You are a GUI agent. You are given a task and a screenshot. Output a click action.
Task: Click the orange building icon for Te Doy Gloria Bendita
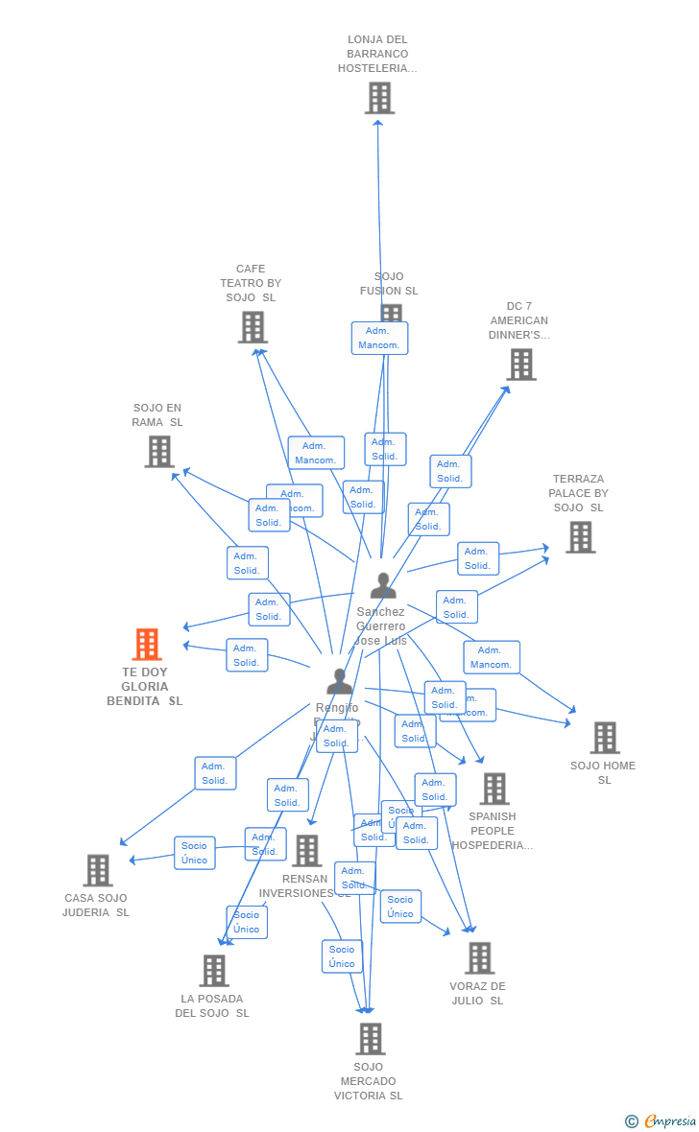pyautogui.click(x=147, y=644)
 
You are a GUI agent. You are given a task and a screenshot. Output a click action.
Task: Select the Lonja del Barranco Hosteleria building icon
pyautogui.click(x=379, y=98)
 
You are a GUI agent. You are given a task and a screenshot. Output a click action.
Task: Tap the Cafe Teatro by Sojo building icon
pyautogui.click(x=253, y=327)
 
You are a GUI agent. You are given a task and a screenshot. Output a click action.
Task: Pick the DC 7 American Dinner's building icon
pyautogui.click(x=521, y=365)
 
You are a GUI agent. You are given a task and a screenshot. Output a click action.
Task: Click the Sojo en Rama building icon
pyautogui.click(x=159, y=451)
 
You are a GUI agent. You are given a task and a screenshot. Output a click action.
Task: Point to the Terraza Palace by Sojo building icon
pyautogui.click(x=580, y=537)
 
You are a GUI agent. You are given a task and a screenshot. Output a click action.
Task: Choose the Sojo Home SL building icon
pyautogui.click(x=605, y=738)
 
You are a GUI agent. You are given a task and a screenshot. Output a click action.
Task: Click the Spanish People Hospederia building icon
pyautogui.click(x=494, y=789)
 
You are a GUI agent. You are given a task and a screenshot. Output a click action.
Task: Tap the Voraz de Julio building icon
pyautogui.click(x=479, y=957)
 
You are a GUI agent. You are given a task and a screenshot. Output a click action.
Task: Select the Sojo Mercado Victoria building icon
pyautogui.click(x=371, y=1038)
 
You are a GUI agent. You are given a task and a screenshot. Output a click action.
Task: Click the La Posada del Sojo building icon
pyautogui.click(x=214, y=970)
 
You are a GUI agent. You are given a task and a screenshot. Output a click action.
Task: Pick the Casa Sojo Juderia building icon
pyautogui.click(x=98, y=870)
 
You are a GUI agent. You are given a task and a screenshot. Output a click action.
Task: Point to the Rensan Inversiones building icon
pyautogui.click(x=307, y=850)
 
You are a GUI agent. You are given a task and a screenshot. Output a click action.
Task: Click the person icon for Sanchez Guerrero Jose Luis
pyautogui.click(x=383, y=585)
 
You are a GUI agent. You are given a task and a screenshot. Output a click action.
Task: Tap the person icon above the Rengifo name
pyautogui.click(x=339, y=681)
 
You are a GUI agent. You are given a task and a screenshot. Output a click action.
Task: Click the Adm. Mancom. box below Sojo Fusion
pyautogui.click(x=379, y=338)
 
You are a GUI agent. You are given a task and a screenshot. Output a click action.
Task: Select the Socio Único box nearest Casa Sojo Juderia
pyautogui.click(x=195, y=853)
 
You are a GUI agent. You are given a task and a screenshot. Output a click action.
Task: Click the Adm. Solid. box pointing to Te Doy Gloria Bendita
pyautogui.click(x=247, y=655)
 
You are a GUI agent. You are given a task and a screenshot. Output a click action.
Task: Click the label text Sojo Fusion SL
pyautogui.click(x=389, y=284)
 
